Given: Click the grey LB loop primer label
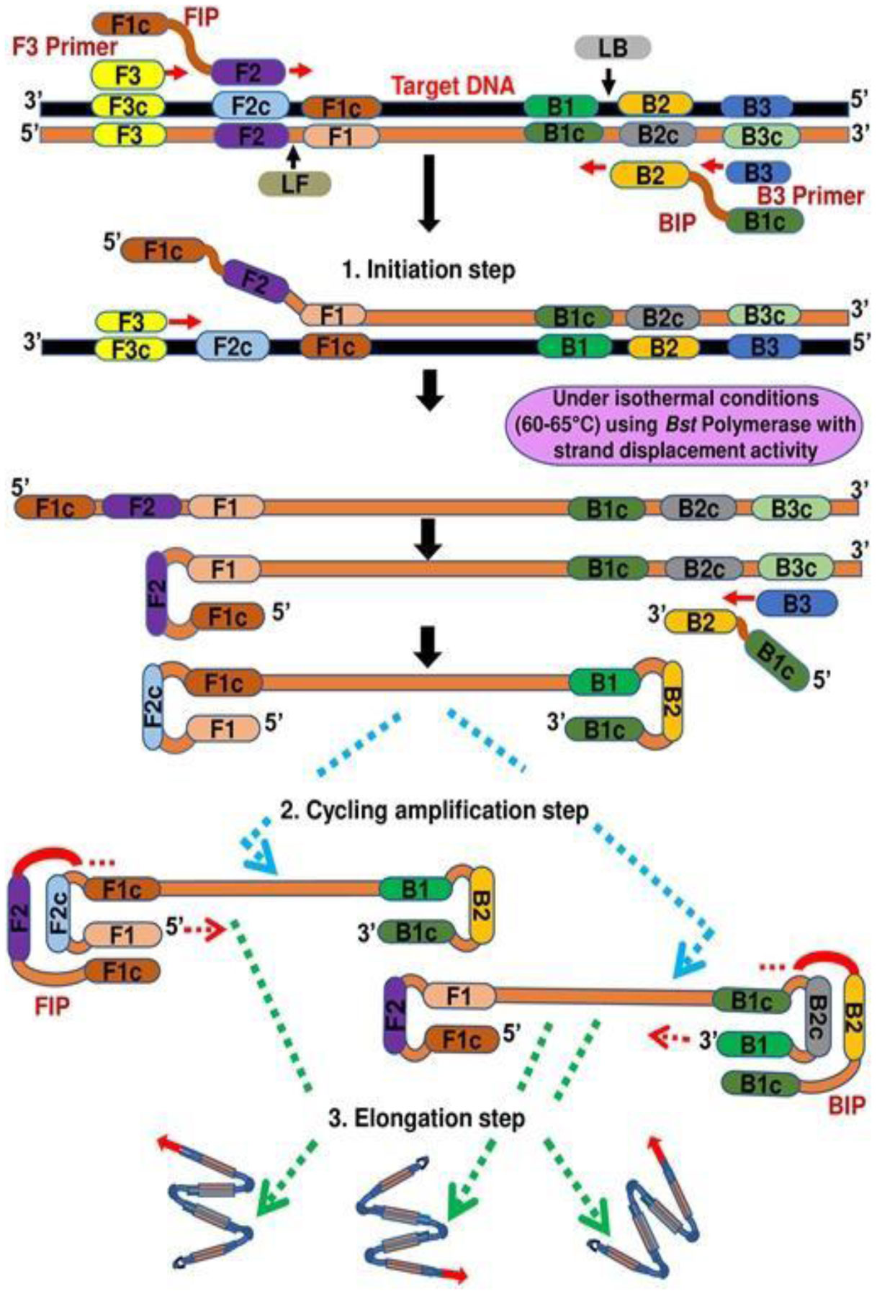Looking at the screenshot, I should (613, 48).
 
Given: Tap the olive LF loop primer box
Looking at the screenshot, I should (294, 184).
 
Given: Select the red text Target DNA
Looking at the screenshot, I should (453, 86).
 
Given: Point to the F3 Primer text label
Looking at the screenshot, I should (66, 47).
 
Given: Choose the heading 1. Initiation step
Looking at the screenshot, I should (429, 270).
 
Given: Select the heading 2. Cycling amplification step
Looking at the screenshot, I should (434, 810).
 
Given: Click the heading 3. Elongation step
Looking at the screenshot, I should (426, 1118).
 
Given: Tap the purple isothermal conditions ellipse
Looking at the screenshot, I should (683, 424).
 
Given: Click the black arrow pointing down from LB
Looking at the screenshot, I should (608, 81).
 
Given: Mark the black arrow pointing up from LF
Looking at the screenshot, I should (293, 156).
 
